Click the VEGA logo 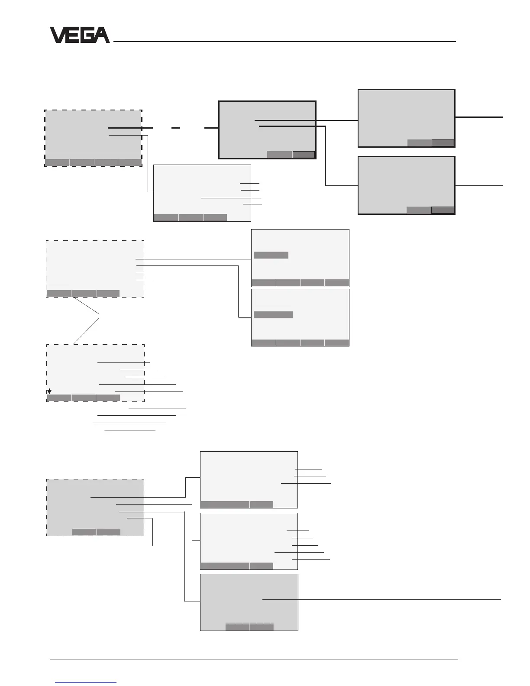pos(80,35)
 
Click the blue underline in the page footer pos(86,682)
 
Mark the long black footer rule pos(254,660)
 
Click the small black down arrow pos(49,392)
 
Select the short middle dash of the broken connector pos(175,128)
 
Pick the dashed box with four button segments pos(93,138)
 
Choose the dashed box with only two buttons pos(95,507)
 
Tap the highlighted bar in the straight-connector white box pos(271,255)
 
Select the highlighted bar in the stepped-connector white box pos(273,315)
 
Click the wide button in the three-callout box pos(225,504)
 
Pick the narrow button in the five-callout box pos(262,566)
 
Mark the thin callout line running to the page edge pos(381,599)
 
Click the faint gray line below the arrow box pos(130,430)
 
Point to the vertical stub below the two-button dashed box pos(153,532)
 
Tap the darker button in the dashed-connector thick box pos(304,154)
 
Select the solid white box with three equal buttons pos(202,193)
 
